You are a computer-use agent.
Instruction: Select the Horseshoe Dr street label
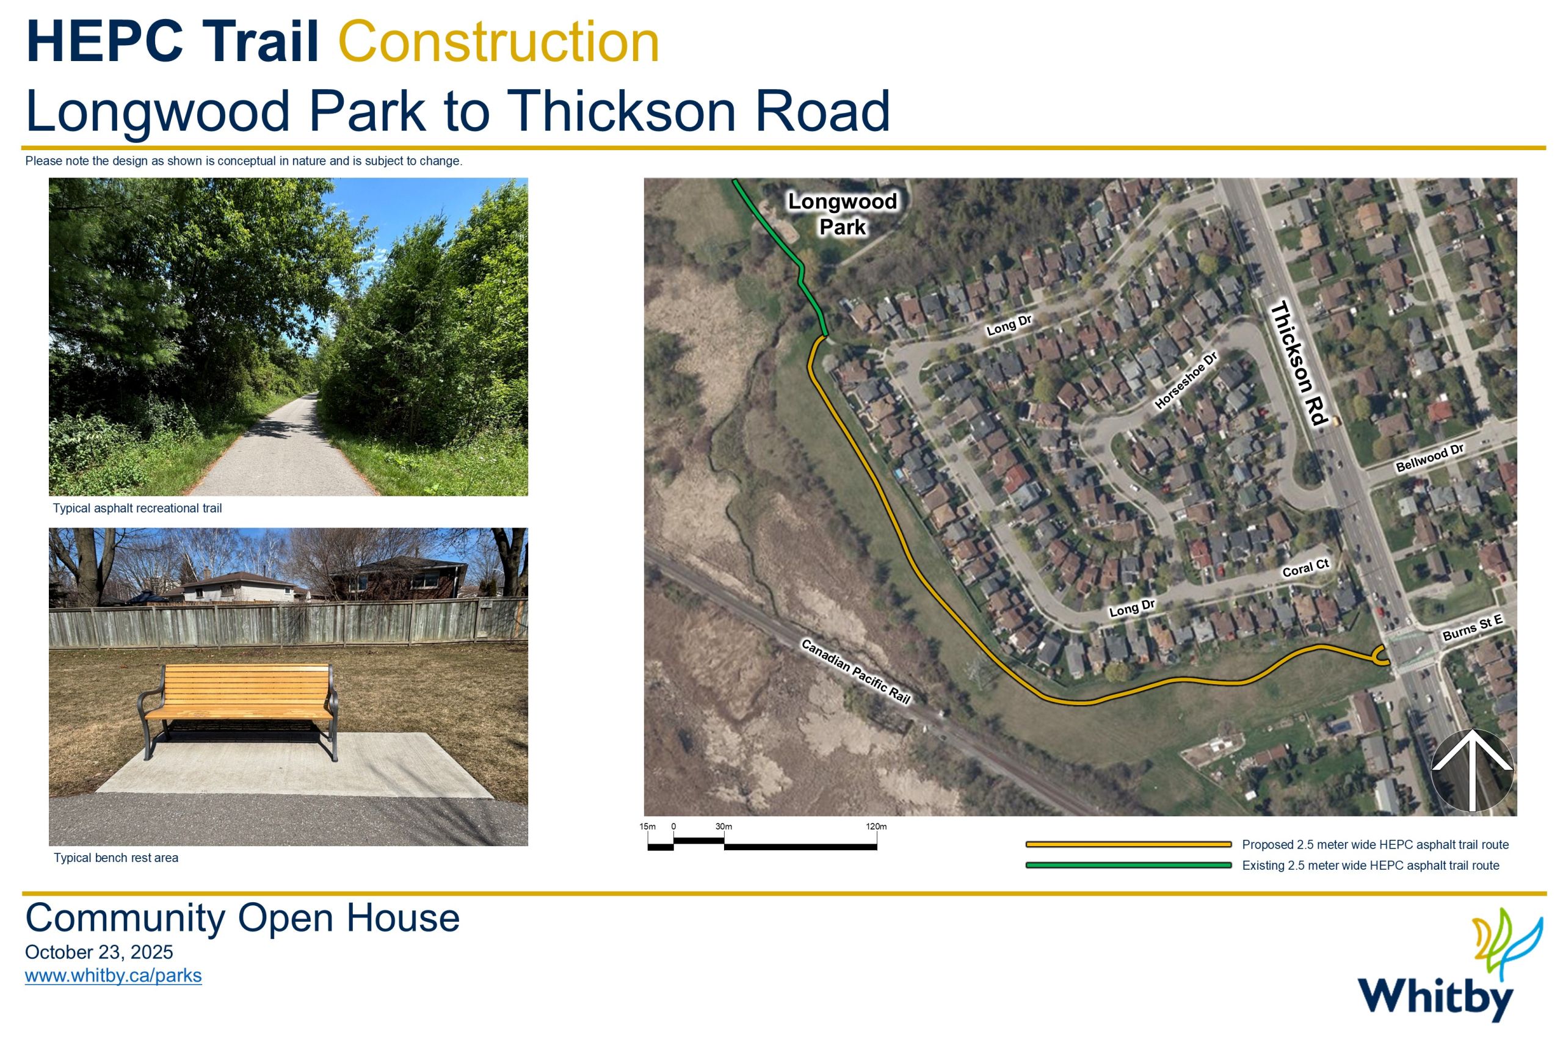pyautogui.click(x=1186, y=380)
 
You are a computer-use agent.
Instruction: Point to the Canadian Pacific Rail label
pyautogui.click(x=855, y=671)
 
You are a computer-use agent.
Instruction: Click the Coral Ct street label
pyautogui.click(x=1305, y=568)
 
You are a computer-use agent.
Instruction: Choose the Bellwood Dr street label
pyautogui.click(x=1429, y=458)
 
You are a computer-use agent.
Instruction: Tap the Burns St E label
pyautogui.click(x=1472, y=628)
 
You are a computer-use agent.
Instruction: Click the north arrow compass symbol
pyautogui.click(x=1472, y=770)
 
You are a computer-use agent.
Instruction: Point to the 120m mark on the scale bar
pyautogui.click(x=876, y=827)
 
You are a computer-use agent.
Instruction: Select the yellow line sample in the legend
pyautogui.click(x=1128, y=845)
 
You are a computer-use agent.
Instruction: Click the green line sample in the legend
pyautogui.click(x=1128, y=865)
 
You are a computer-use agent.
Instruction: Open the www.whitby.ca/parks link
pyautogui.click(x=113, y=975)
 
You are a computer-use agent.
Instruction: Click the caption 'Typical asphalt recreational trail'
pyautogui.click(x=137, y=508)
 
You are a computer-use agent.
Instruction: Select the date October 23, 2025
pyautogui.click(x=99, y=952)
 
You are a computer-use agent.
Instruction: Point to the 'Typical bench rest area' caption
pyautogui.click(x=115, y=858)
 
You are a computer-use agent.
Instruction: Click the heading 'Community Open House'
pyautogui.click(x=242, y=919)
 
